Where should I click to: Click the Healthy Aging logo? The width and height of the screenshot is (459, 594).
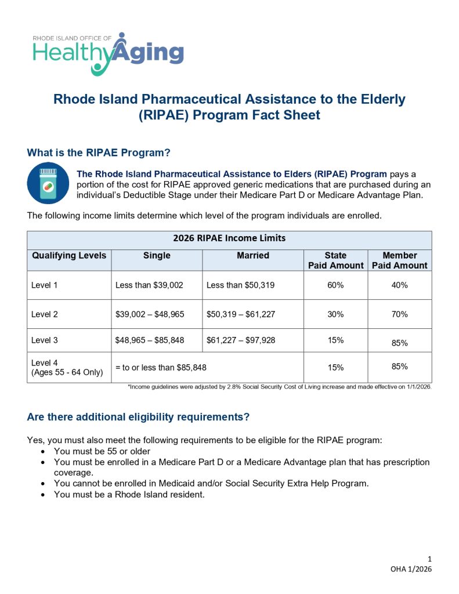[x=108, y=54]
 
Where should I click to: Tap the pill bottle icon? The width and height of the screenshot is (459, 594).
[x=48, y=183]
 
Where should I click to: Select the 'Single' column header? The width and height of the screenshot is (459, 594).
[x=157, y=256]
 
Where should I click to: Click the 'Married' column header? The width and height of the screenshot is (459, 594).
[x=253, y=256]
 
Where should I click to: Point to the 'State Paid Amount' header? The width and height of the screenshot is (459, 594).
[x=335, y=260]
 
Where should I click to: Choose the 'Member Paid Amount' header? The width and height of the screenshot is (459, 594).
[x=399, y=260]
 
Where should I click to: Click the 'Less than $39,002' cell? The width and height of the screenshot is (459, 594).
[x=149, y=285]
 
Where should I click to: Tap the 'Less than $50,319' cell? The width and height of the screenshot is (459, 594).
[x=240, y=285]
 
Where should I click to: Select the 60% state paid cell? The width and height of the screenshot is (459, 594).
[x=335, y=285]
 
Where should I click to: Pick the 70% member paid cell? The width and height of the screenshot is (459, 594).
[x=399, y=314]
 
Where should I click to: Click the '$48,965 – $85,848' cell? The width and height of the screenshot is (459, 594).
[x=150, y=340]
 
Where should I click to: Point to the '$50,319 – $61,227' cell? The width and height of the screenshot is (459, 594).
[x=241, y=314]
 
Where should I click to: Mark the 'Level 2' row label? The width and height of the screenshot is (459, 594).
[x=44, y=314]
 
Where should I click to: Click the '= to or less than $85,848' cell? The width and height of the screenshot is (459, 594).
[x=161, y=367]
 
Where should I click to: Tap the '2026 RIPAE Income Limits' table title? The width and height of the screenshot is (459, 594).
[x=229, y=238]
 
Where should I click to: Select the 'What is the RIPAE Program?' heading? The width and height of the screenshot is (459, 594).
[x=99, y=153]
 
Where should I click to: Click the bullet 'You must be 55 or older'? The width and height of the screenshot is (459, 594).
[x=102, y=451]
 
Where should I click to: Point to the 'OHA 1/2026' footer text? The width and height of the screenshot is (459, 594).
[x=411, y=569]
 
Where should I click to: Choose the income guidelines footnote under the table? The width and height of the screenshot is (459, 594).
[x=280, y=387]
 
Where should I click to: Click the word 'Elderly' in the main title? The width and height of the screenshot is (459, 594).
[x=383, y=99]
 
